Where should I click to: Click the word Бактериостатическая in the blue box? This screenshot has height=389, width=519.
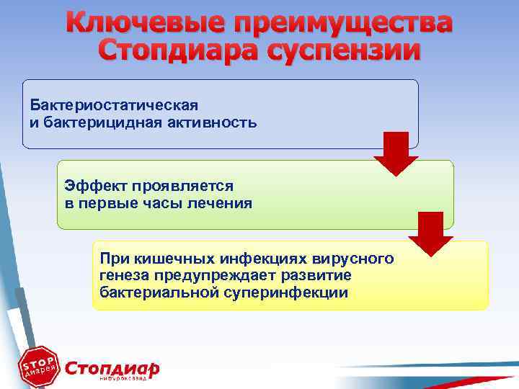[114, 106]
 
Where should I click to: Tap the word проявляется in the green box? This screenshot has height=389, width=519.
[180, 186]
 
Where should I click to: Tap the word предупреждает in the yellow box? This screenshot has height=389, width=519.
[220, 275]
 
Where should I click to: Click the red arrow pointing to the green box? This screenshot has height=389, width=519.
[396, 153]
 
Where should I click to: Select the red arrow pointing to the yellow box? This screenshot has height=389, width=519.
[430, 233]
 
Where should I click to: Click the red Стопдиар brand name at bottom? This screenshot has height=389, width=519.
[112, 367]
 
